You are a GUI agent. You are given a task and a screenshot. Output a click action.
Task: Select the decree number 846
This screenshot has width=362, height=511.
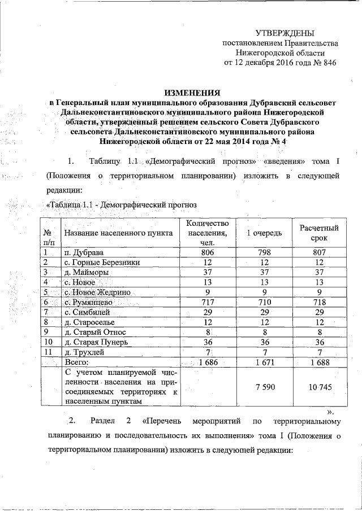329,63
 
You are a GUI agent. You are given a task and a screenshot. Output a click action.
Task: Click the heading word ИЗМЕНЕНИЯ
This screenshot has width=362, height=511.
192,92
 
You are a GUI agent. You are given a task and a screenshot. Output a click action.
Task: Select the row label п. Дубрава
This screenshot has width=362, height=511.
84,252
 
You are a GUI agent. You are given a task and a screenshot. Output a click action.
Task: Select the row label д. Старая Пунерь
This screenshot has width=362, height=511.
97,342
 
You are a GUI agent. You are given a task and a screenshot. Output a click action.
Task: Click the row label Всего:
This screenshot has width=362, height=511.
77,362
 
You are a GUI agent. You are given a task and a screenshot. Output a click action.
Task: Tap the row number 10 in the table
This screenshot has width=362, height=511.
49,342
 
